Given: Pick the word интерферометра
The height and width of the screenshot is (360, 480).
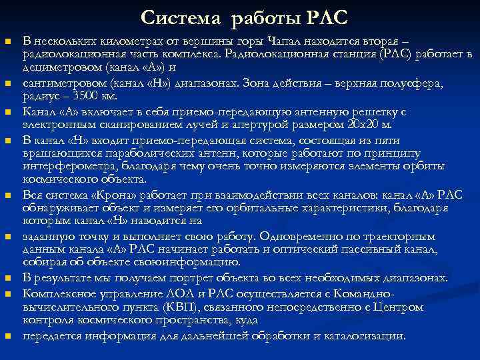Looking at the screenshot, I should (63, 166).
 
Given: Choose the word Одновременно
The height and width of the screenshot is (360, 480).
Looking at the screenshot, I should (302, 236).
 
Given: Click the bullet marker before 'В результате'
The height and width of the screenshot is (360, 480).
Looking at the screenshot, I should (8, 279).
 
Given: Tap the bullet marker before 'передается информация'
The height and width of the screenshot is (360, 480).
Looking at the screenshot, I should (8, 335).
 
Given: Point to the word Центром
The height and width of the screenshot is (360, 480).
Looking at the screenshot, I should (399, 307).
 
